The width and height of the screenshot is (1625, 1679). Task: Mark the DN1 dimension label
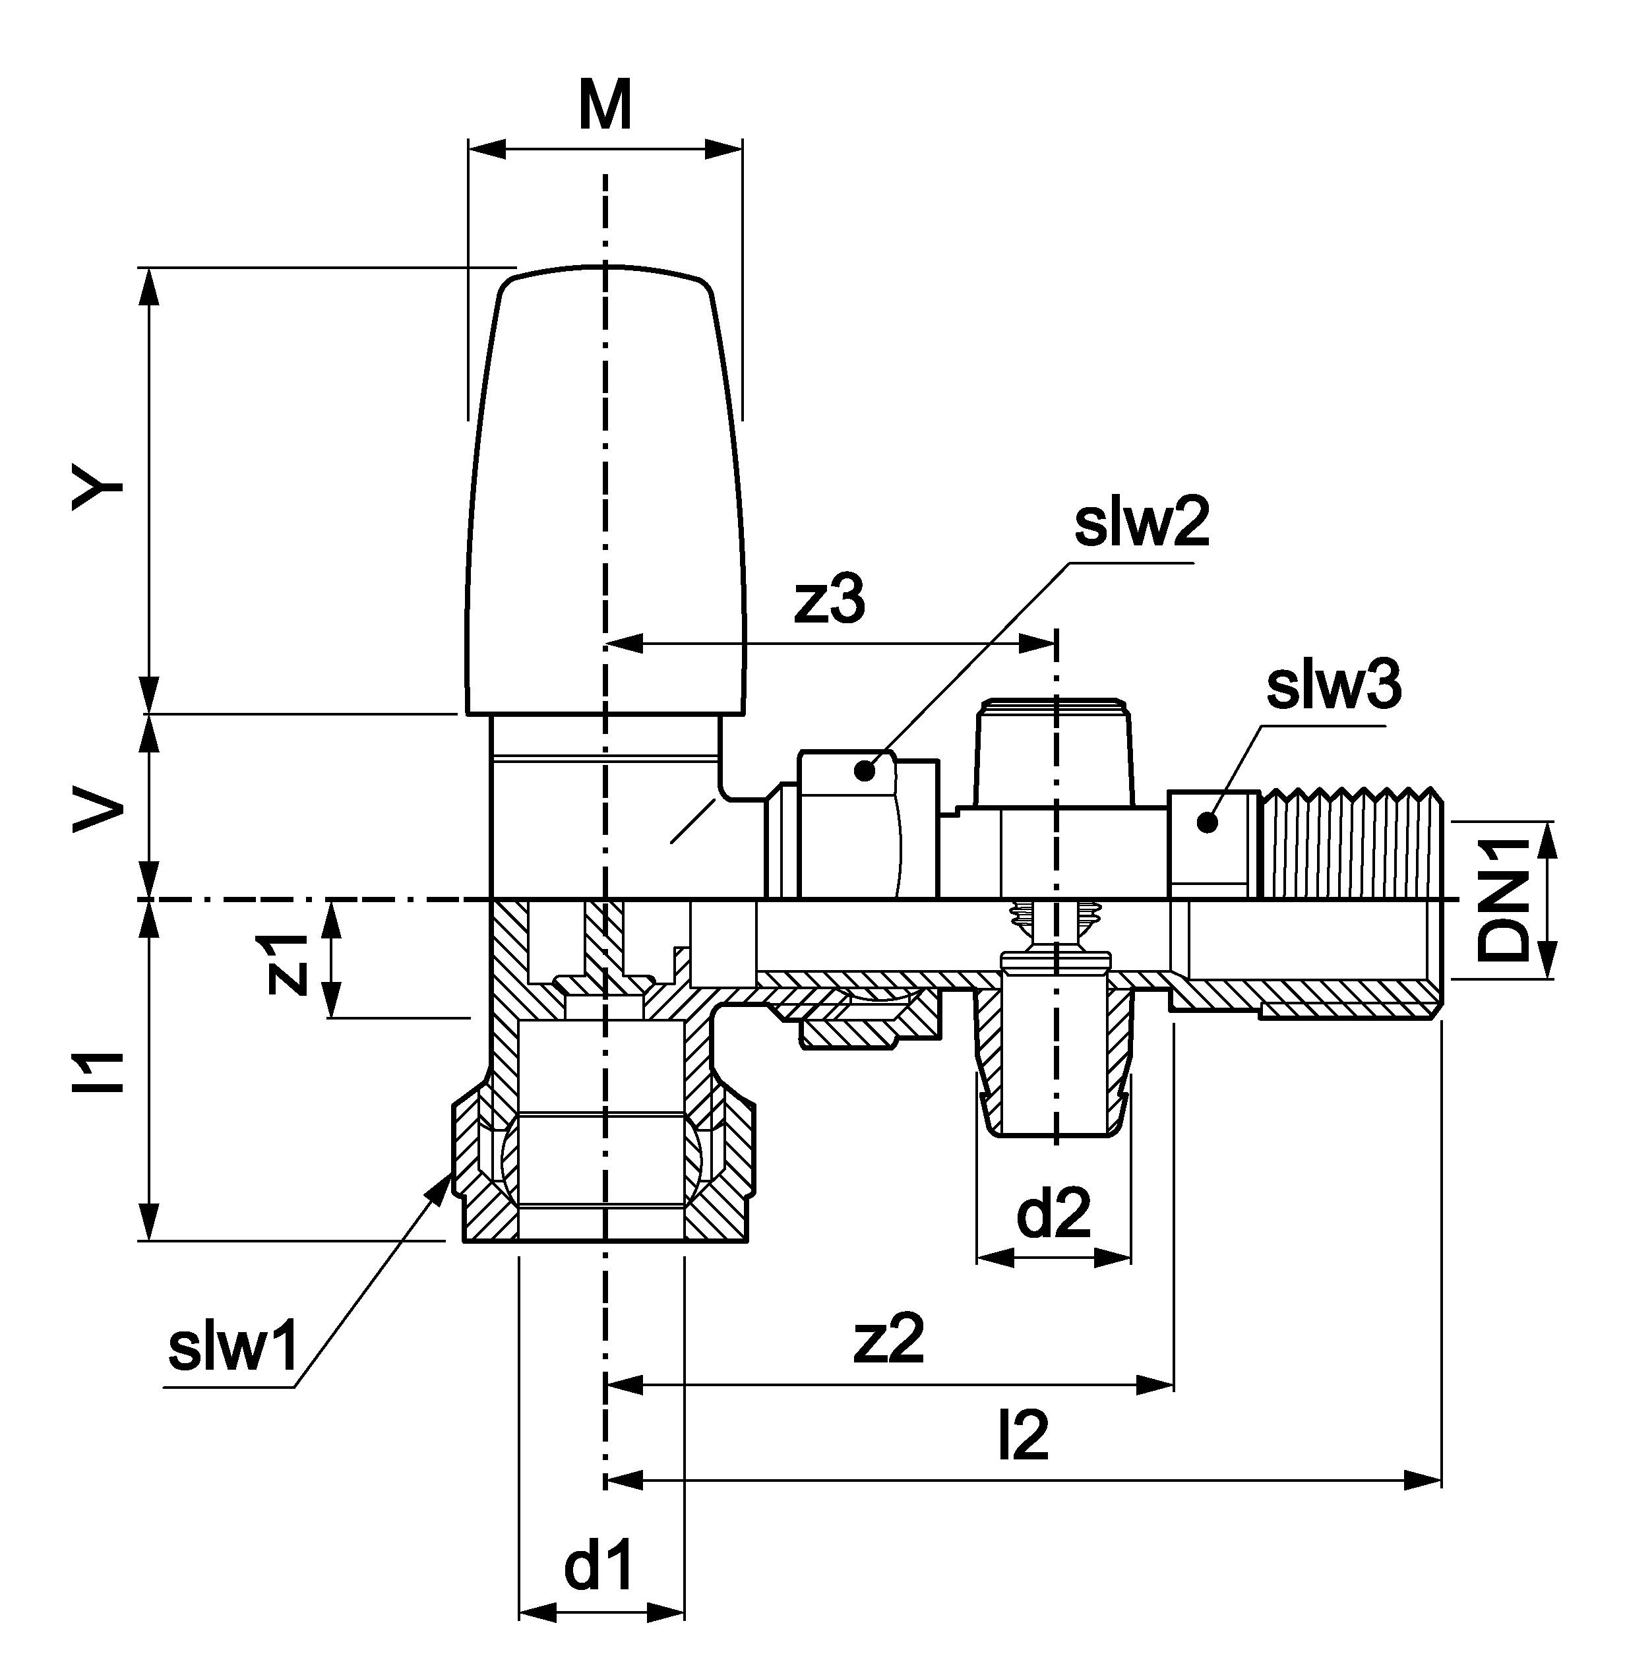(x=1504, y=900)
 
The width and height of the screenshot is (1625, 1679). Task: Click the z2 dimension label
(x=888, y=1341)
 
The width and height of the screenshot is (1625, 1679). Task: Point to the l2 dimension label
(x=1023, y=1436)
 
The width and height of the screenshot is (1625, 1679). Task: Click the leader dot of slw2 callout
(x=865, y=771)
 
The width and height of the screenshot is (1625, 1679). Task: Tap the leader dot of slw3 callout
(x=1207, y=823)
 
